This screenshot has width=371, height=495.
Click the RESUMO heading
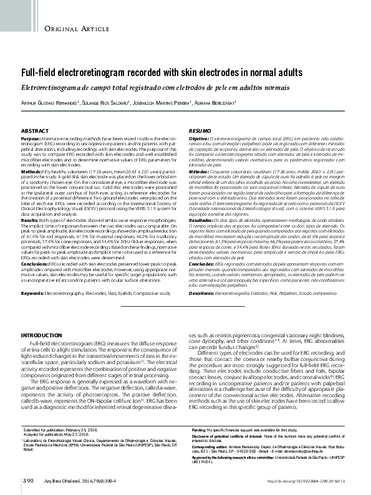coord(200,130)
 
